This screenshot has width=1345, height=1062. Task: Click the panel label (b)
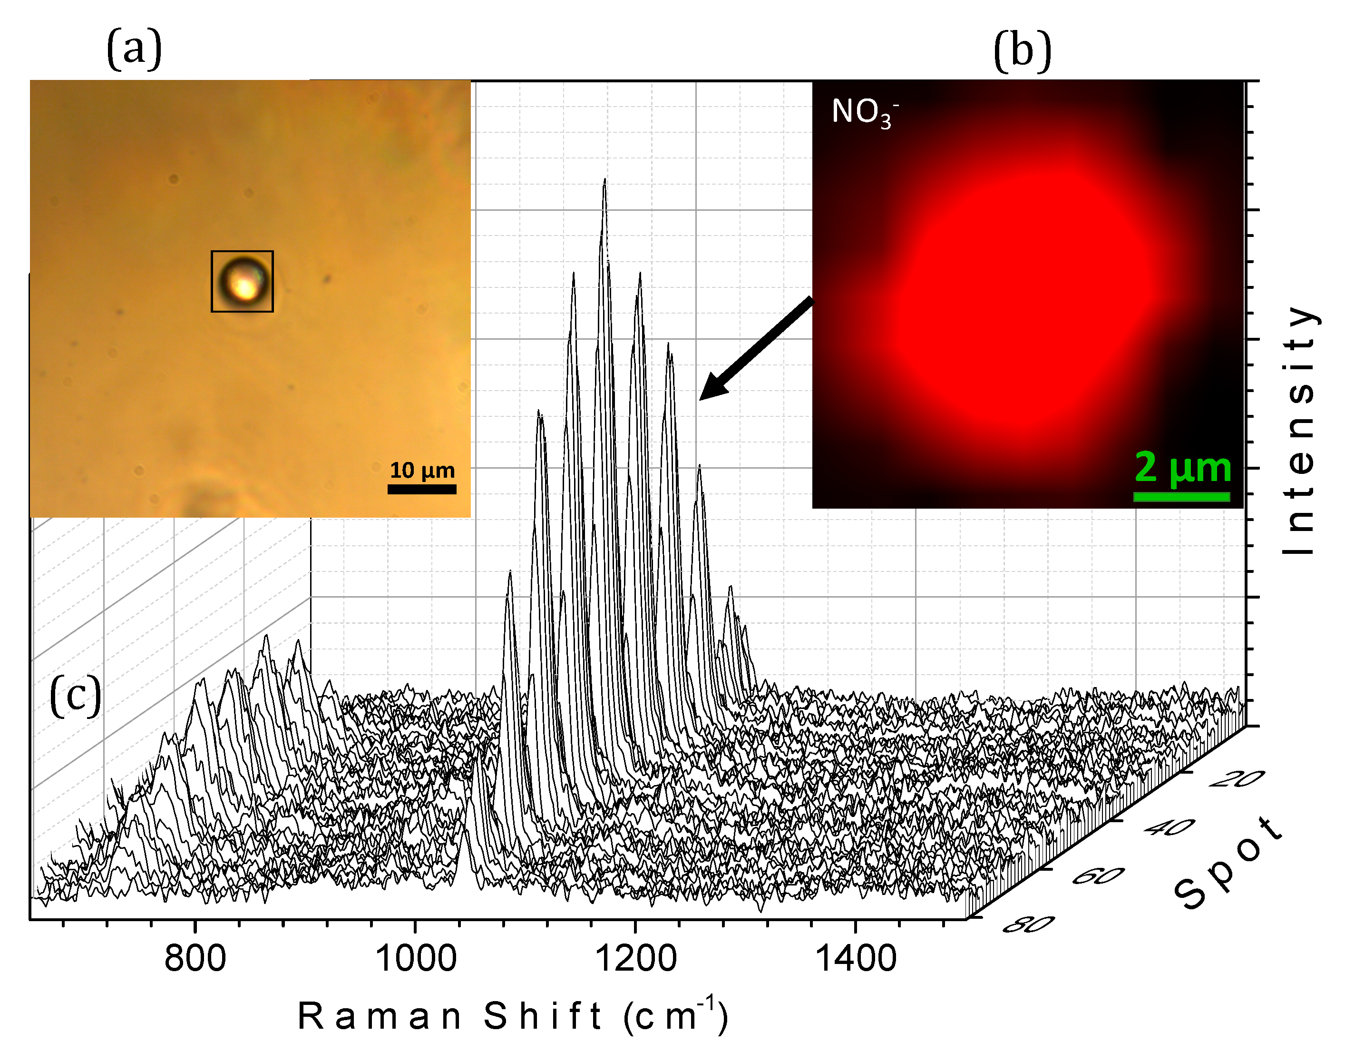(x=1023, y=51)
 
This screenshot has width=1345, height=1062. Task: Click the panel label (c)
(x=75, y=697)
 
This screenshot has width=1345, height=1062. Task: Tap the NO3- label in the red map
(x=864, y=113)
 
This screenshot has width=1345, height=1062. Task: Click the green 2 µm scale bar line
(x=1181, y=496)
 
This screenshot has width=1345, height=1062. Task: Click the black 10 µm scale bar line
(x=422, y=489)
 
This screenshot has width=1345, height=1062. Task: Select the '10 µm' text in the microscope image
(x=422, y=470)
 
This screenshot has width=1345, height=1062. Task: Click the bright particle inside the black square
(x=243, y=283)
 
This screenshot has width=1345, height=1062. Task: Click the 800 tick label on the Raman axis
(x=195, y=958)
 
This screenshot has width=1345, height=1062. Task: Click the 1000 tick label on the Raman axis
(x=416, y=958)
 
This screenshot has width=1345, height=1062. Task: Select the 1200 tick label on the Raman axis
(x=636, y=958)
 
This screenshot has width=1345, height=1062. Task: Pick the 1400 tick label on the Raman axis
(x=856, y=958)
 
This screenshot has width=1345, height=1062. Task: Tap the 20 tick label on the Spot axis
(x=1238, y=778)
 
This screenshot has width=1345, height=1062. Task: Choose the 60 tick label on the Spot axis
(x=1098, y=876)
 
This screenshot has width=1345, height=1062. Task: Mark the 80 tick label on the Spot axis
(x=1029, y=924)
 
